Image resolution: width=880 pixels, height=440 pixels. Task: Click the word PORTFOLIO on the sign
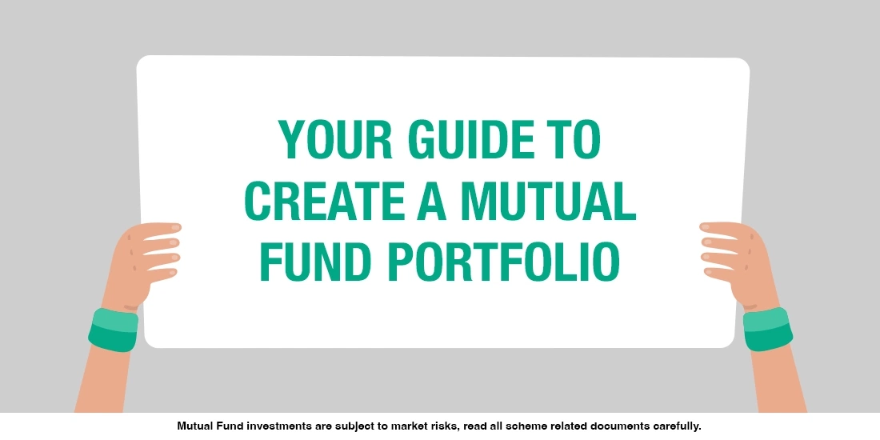[x=504, y=262]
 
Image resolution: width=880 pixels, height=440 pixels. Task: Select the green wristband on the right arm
[x=767, y=329]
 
